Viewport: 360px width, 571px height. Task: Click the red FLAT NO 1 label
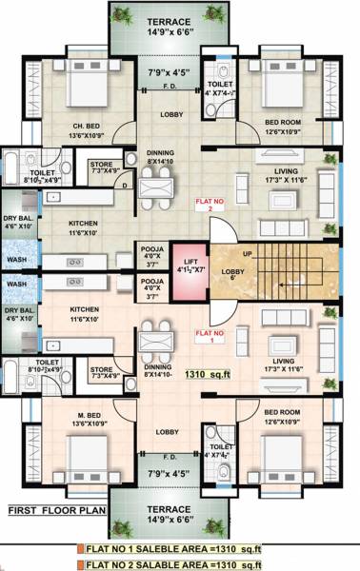coord(209,334)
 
